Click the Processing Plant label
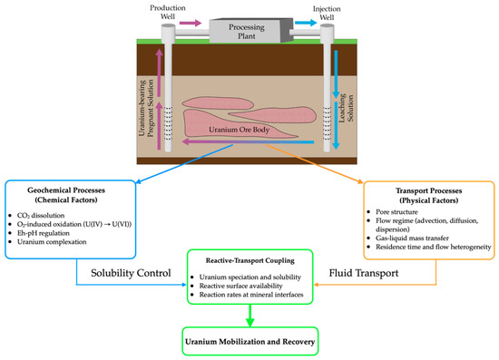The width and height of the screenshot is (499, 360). pos(247,32)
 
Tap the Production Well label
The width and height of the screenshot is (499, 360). pos(168,12)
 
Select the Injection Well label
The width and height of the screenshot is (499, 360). pos(327,13)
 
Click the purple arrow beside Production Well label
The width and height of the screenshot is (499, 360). pos(191,23)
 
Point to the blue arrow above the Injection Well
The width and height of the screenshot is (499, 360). pos(306,23)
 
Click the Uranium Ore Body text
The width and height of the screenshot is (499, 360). pos(239,130)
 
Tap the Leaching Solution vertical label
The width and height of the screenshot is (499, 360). pos(346,108)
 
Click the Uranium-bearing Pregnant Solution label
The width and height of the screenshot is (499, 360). pos(146,108)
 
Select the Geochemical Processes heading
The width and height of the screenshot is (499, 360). pos(66,195)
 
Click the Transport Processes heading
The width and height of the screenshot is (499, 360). pos(428,196)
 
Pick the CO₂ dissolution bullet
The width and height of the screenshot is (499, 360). pos(41,216)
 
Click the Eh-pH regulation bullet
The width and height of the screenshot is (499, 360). pos(44,233)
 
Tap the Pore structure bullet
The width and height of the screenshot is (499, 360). pos(396,212)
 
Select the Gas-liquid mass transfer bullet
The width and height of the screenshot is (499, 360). pos(412,238)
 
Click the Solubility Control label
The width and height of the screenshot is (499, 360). pos(131,273)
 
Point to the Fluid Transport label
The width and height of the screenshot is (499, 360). pos(364,273)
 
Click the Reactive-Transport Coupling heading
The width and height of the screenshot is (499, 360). pos(250,260)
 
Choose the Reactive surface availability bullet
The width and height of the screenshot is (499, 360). pos(241,286)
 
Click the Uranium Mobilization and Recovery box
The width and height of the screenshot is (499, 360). pos(250,341)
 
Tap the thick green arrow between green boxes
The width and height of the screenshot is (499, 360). pos(250,316)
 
